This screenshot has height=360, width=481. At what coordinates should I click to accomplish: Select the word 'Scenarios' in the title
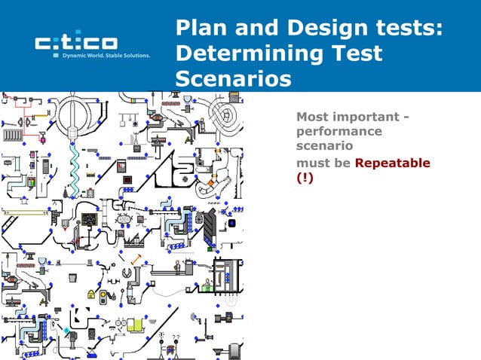point(233,79)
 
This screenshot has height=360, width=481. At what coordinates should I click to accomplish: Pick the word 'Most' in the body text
point(313,117)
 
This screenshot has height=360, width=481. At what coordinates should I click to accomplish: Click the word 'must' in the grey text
point(313,163)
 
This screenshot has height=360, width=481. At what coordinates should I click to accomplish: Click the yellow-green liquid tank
point(134,325)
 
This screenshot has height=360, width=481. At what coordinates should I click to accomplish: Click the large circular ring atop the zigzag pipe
point(74,111)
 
